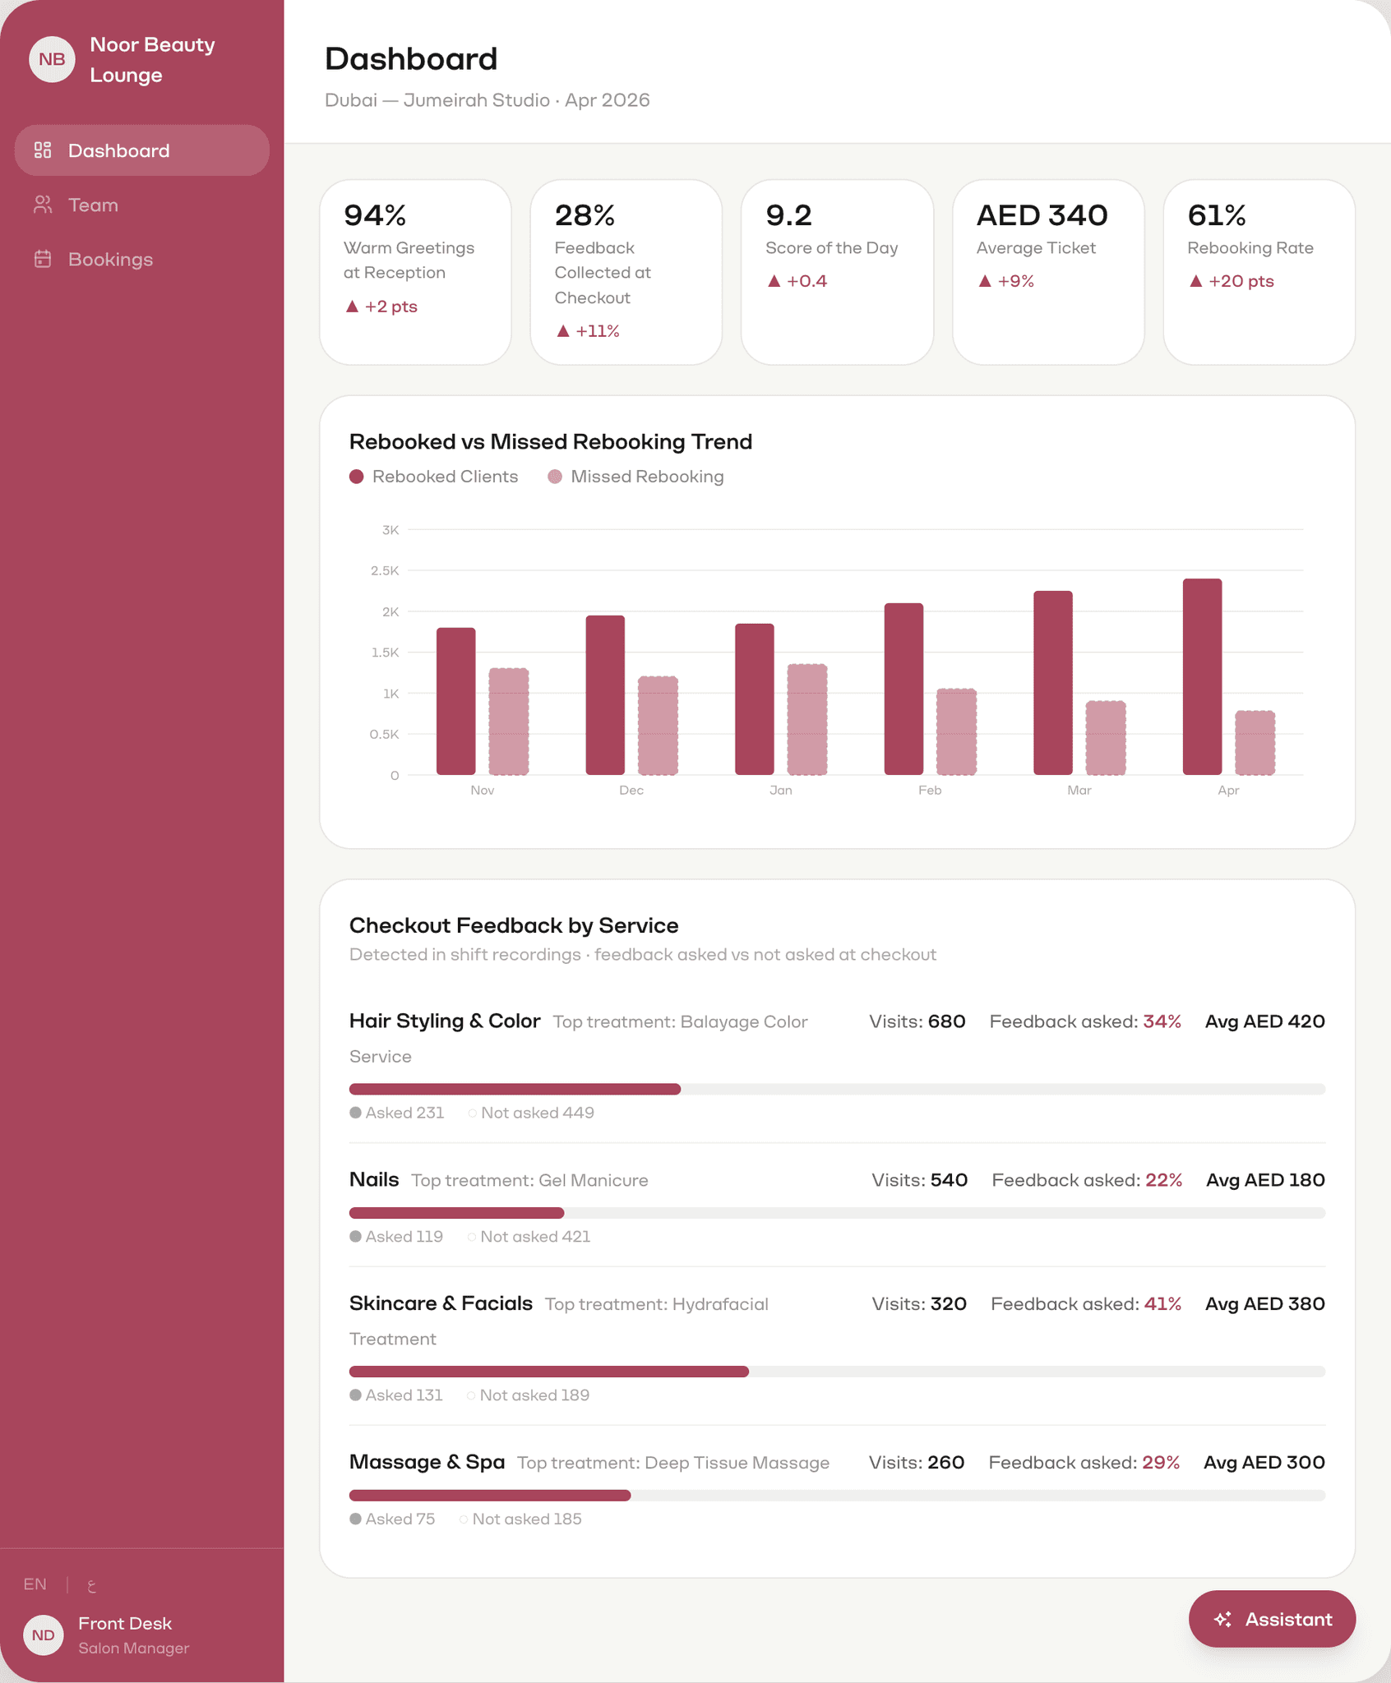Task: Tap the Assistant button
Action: (1272, 1619)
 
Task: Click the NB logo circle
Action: (52, 59)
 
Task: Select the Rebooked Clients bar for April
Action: (1202, 676)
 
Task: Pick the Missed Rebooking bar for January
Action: (807, 719)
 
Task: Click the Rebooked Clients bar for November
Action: (455, 701)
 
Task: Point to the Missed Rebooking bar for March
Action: (1106, 738)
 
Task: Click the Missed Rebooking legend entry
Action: (636, 477)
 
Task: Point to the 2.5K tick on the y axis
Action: (385, 570)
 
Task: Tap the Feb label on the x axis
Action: (930, 790)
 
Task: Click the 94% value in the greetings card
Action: (375, 215)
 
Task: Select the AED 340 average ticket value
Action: (1042, 215)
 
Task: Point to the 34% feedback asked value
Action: (1162, 1021)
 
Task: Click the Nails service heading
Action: (374, 1179)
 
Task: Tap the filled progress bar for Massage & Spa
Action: (490, 1496)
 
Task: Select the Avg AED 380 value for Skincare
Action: (1264, 1303)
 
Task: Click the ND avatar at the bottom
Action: (44, 1635)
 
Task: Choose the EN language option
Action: (35, 1584)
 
